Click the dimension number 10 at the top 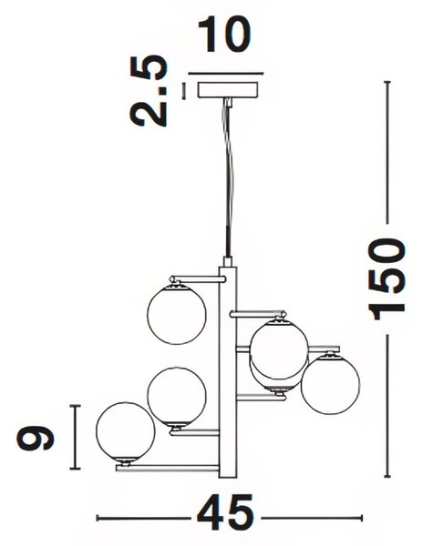(x=224, y=35)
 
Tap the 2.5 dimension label (x=148, y=90)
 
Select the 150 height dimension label (x=388, y=279)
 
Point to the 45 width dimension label (x=225, y=511)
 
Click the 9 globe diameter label (x=35, y=437)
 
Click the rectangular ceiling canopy (x=229, y=89)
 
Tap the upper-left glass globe (x=177, y=314)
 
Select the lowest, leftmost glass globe (x=125, y=432)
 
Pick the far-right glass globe (x=331, y=384)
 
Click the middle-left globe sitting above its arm (x=177, y=397)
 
